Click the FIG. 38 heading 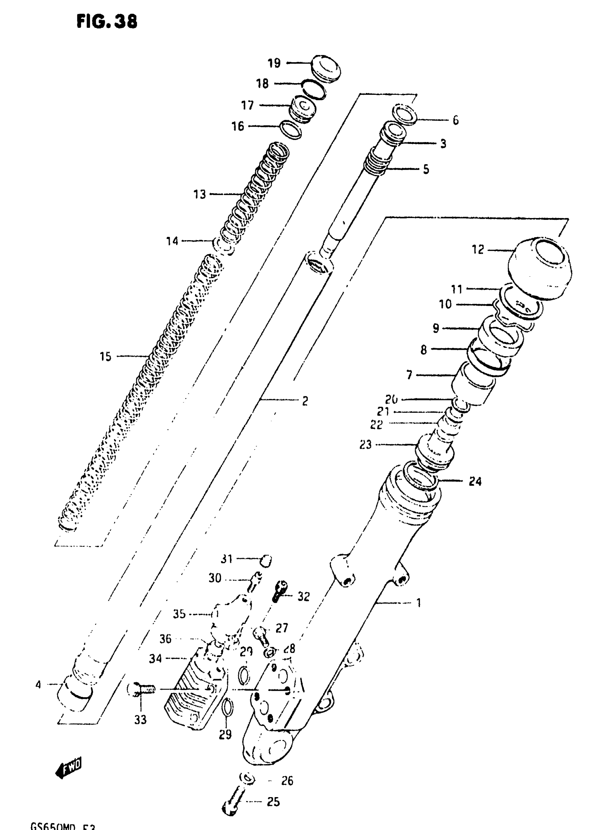click(x=107, y=21)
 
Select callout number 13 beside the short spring click(x=200, y=194)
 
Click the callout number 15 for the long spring click(x=105, y=357)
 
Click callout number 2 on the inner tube click(x=305, y=401)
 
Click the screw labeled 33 click(x=144, y=690)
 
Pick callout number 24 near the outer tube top click(x=475, y=481)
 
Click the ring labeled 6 click(x=404, y=114)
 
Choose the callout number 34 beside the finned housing click(x=155, y=659)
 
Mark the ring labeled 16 click(x=290, y=129)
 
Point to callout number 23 click(x=366, y=444)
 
